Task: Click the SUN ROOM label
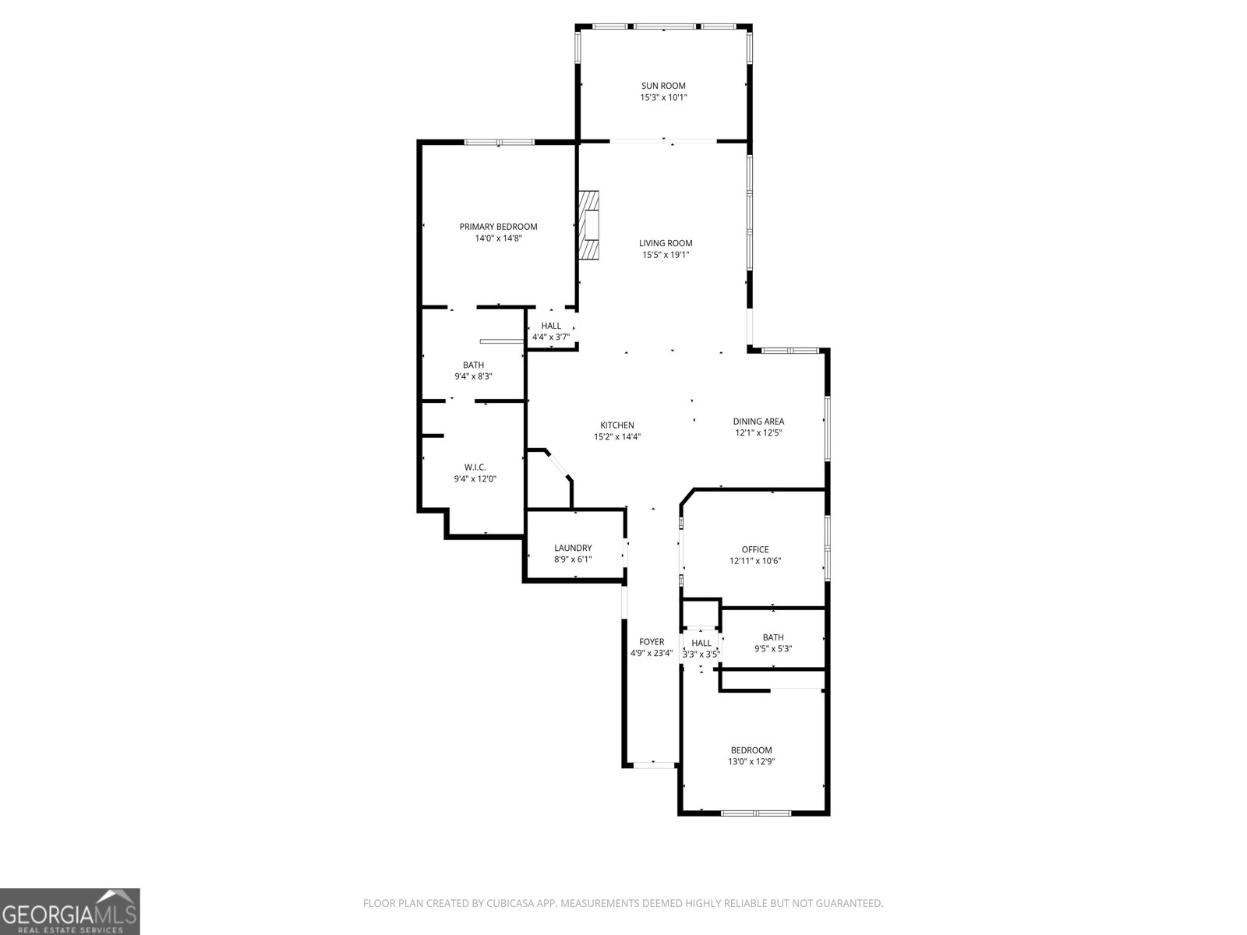click(x=663, y=86)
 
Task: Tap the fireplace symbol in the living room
click(x=590, y=225)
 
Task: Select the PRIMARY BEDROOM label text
click(x=498, y=227)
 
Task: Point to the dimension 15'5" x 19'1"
click(x=666, y=255)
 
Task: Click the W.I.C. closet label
click(x=475, y=467)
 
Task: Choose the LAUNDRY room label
click(x=573, y=548)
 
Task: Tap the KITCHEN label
click(x=616, y=425)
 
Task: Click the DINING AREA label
click(x=758, y=422)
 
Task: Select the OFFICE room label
click(x=754, y=549)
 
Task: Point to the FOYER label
click(x=652, y=642)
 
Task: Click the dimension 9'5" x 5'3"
click(x=773, y=649)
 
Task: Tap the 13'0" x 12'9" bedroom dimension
click(x=751, y=762)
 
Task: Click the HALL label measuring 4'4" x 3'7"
click(x=551, y=326)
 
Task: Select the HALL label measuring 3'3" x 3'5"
click(x=701, y=643)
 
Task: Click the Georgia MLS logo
click(x=70, y=911)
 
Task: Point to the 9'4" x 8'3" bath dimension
click(x=473, y=376)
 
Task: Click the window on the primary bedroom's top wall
click(x=500, y=142)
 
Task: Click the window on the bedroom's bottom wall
click(x=755, y=813)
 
